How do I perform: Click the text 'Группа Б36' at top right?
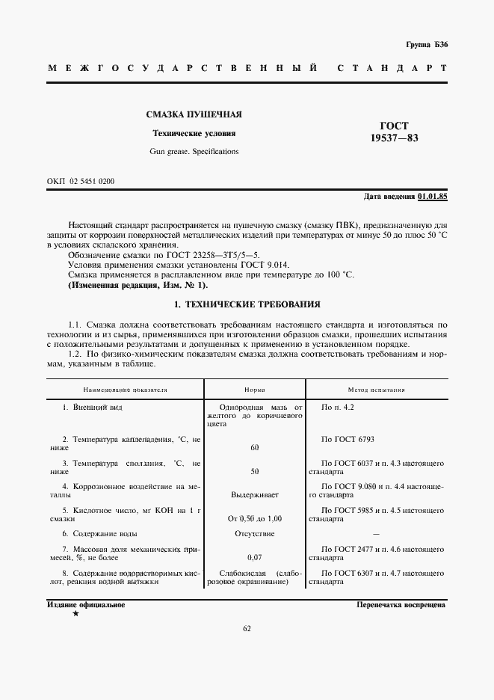point(426,45)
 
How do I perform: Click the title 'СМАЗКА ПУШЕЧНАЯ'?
point(193,114)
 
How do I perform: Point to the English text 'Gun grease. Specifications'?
point(193,151)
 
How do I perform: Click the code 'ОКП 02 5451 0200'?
point(81,182)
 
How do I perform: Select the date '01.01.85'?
point(432,196)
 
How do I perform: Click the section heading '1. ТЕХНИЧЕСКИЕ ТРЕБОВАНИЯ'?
point(247,304)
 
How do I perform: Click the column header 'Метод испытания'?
point(377,390)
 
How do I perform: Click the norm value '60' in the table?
point(255,447)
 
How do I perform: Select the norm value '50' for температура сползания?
point(255,473)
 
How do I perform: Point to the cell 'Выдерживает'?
point(255,495)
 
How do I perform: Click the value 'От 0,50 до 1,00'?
point(255,518)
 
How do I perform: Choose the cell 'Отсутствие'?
point(255,533)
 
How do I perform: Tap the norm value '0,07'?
point(255,557)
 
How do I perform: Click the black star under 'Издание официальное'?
point(75,614)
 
